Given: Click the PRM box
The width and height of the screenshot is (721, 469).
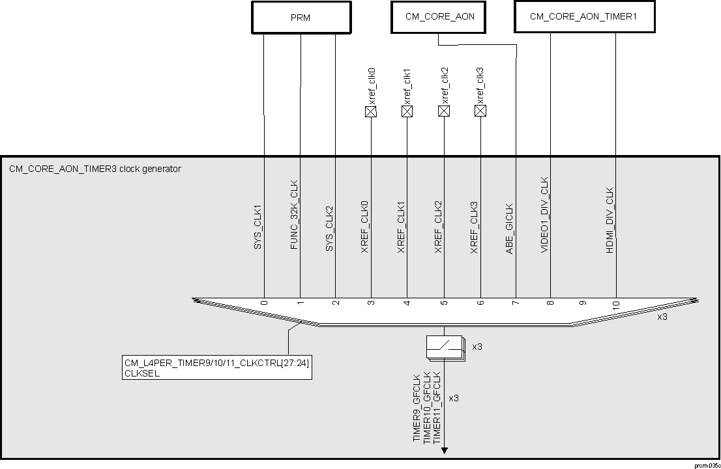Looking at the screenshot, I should (x=300, y=18).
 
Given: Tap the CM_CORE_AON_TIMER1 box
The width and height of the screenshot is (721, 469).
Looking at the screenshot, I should (x=583, y=16).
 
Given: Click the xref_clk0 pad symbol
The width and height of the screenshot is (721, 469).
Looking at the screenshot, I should (x=371, y=111).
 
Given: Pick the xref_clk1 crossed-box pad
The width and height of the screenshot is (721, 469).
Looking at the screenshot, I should (x=407, y=111).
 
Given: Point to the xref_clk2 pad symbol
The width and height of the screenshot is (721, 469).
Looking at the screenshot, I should (x=444, y=111).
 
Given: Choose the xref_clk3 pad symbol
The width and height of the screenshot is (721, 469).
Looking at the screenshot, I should (x=480, y=111).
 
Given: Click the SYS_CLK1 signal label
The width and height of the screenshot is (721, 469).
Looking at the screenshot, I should (x=257, y=228).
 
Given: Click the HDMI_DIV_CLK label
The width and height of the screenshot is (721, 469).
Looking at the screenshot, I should (x=610, y=220).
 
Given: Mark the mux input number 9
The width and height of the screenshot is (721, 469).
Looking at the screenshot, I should (x=583, y=304).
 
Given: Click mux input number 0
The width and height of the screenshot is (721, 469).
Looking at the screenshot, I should (x=265, y=304).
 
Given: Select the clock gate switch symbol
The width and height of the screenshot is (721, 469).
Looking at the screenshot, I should (x=444, y=347).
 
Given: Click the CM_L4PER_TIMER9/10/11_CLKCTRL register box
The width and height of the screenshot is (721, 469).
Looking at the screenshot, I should (x=216, y=367).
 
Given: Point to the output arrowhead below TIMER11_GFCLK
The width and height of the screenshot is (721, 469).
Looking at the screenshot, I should (x=445, y=449).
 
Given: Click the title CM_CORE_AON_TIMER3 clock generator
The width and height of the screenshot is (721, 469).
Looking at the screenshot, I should (x=95, y=169).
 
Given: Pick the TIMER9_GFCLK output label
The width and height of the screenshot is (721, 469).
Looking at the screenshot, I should (x=417, y=409).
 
